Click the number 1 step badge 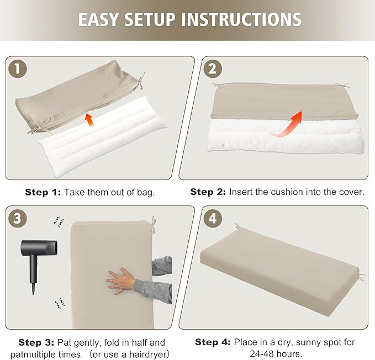[x=18, y=69]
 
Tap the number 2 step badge [x=213, y=69]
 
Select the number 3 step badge [x=18, y=219]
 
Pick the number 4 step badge [x=213, y=219]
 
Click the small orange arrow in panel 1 [x=89, y=120]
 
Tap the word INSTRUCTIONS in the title [x=241, y=19]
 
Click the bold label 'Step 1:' [x=43, y=192]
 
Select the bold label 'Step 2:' [x=208, y=192]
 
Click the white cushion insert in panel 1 [x=103, y=136]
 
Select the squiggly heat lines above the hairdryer [x=59, y=221]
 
